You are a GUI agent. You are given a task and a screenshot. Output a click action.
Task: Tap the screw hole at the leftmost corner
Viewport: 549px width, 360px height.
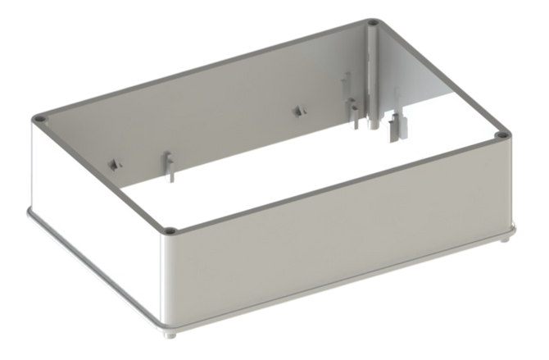pos(39,120)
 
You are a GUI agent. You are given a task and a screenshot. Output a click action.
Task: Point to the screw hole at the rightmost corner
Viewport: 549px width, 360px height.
pos(501,134)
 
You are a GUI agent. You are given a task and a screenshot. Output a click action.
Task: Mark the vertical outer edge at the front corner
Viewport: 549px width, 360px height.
pos(167,279)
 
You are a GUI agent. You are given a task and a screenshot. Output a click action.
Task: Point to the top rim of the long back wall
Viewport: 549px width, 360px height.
pos(205,71)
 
